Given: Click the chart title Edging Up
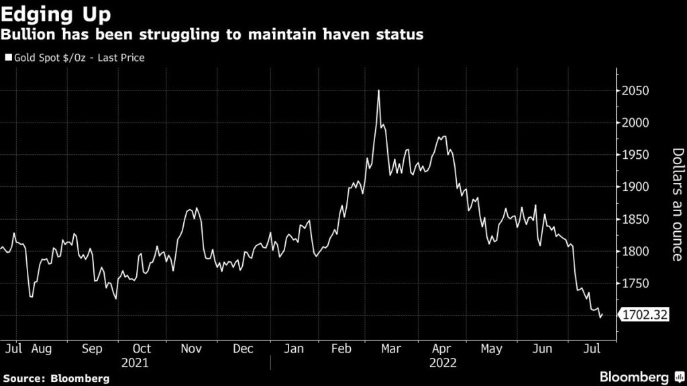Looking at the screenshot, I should tap(56, 14).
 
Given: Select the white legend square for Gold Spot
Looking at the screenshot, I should tap(8, 58).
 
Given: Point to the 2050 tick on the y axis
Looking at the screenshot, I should tap(634, 91).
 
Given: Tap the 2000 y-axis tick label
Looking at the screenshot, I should tap(634, 123).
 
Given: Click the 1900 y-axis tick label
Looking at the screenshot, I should tap(634, 188).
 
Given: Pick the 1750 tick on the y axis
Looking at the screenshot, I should tap(634, 284).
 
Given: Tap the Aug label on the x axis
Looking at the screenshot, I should tap(42, 349).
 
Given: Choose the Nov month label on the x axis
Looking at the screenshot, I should tap(192, 349).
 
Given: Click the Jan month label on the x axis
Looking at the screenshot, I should tap(294, 349).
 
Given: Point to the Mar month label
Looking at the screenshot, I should tap(390, 349).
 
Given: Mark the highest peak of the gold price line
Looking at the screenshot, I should tap(379, 90).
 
